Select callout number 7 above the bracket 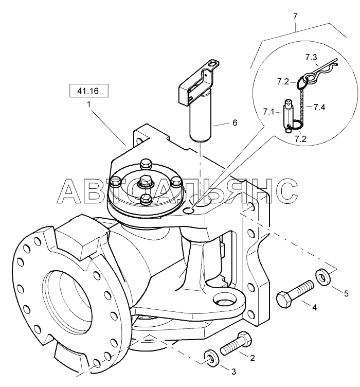pos(295,16)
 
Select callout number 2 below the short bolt pos(253,356)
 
